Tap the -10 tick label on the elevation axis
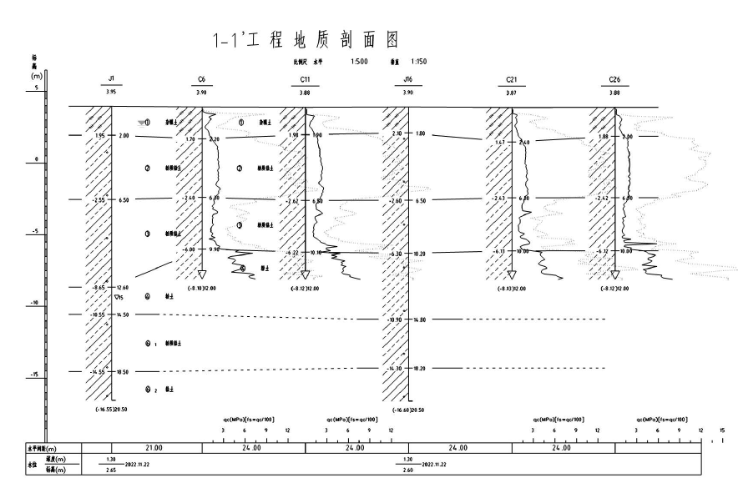pos(33,303)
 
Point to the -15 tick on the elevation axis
pos(33,375)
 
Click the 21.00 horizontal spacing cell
pos(151,448)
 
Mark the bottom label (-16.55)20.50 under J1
pos(112,410)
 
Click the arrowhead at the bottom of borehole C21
pos(511,277)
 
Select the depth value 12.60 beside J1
pos(122,287)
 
